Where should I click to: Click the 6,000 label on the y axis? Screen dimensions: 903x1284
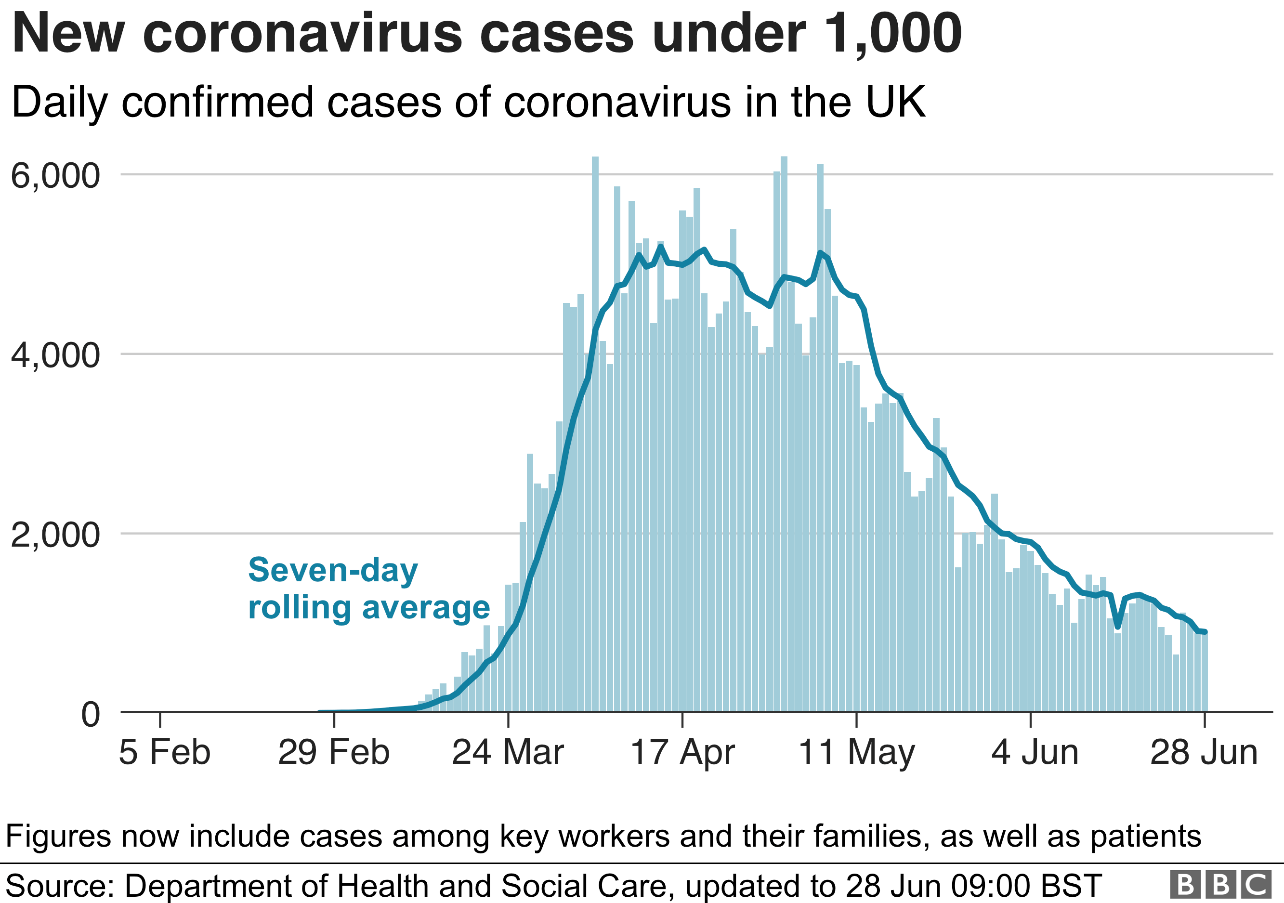(55, 177)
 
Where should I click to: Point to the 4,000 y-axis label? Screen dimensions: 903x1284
(55, 355)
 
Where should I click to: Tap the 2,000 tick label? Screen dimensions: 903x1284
(55, 535)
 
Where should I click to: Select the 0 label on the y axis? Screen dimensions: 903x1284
(91, 715)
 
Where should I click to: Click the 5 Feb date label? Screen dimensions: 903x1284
(164, 753)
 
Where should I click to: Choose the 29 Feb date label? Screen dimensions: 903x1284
(333, 753)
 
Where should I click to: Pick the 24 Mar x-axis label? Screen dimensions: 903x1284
(508, 753)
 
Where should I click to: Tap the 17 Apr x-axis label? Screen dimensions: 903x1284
(682, 753)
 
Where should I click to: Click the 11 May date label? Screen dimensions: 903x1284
(856, 753)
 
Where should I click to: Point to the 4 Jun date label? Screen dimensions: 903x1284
(1035, 753)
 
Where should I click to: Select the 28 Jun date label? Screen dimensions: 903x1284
(1204, 753)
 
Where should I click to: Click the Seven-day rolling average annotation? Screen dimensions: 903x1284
(368, 589)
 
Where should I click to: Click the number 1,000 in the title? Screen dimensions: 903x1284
(893, 35)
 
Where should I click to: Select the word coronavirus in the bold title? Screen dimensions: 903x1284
(302, 35)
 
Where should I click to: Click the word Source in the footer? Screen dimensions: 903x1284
(59, 886)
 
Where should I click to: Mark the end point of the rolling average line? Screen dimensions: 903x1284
(1205, 632)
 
